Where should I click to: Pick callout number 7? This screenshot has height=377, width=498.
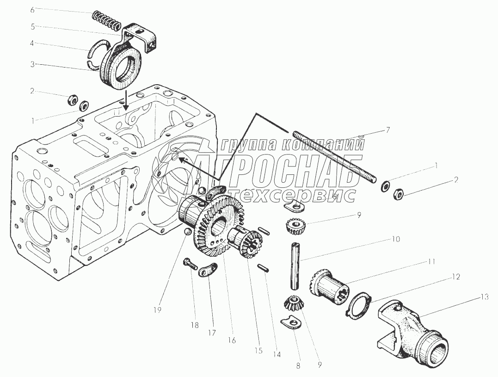pyautogui.click(x=387, y=130)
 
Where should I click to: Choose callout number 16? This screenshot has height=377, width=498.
pyautogui.click(x=231, y=340)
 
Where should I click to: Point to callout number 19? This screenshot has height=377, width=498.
pyautogui.click(x=158, y=310)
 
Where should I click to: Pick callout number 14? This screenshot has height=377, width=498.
pyautogui.click(x=276, y=354)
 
